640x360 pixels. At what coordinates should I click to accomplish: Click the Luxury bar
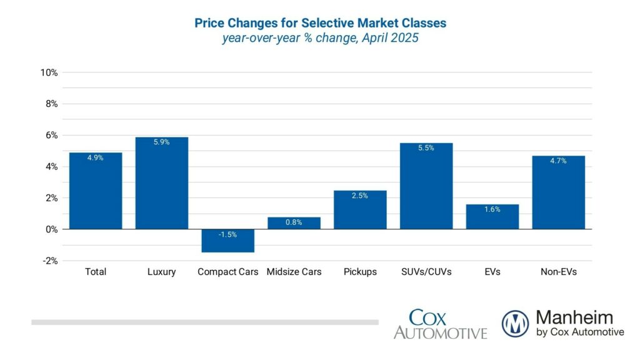[161, 183]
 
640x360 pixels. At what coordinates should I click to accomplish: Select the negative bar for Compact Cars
[227, 241]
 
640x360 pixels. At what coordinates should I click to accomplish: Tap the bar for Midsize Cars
[294, 223]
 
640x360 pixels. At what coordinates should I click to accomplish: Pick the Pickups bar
[360, 210]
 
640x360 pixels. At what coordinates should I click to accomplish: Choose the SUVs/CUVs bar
[426, 186]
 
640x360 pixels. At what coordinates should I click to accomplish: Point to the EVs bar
[492, 217]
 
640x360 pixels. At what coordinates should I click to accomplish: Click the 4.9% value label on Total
[95, 158]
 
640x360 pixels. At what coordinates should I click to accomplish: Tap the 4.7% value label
[558, 161]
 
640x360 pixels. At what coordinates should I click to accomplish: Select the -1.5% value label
[227, 235]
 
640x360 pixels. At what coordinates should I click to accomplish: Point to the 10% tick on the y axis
[49, 72]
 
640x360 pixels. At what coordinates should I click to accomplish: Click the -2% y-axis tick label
[49, 261]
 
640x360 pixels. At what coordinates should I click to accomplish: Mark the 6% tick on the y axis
[51, 135]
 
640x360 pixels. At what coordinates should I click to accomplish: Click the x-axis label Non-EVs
[558, 272]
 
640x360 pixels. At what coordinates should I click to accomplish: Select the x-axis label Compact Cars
[227, 272]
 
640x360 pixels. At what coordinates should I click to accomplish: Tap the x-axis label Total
[95, 272]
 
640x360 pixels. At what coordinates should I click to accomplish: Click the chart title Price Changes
[320, 23]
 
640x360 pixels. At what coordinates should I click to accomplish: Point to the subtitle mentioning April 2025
[320, 38]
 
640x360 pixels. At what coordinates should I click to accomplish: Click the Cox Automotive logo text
[440, 324]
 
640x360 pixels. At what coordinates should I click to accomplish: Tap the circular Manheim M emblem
[515, 324]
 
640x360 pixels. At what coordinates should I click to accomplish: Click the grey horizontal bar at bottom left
[205, 322]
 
